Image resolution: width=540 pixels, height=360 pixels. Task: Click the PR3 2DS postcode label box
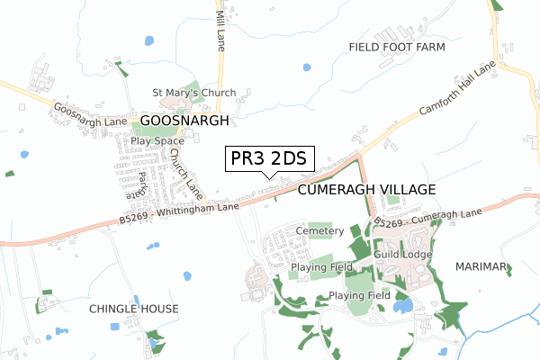269,159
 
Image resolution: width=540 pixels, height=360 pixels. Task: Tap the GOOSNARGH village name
184,120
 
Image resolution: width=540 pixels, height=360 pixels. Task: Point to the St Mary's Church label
193,93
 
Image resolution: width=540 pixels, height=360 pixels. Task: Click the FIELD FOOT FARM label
397,46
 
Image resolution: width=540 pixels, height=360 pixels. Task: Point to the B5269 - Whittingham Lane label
178,212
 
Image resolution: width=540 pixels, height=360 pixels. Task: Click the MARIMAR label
482,267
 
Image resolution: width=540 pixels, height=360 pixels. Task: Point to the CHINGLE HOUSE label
134,309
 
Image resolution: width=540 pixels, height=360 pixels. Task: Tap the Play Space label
157,141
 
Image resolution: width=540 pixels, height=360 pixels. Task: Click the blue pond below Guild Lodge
403,306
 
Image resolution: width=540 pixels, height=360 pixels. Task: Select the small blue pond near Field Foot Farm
307,67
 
